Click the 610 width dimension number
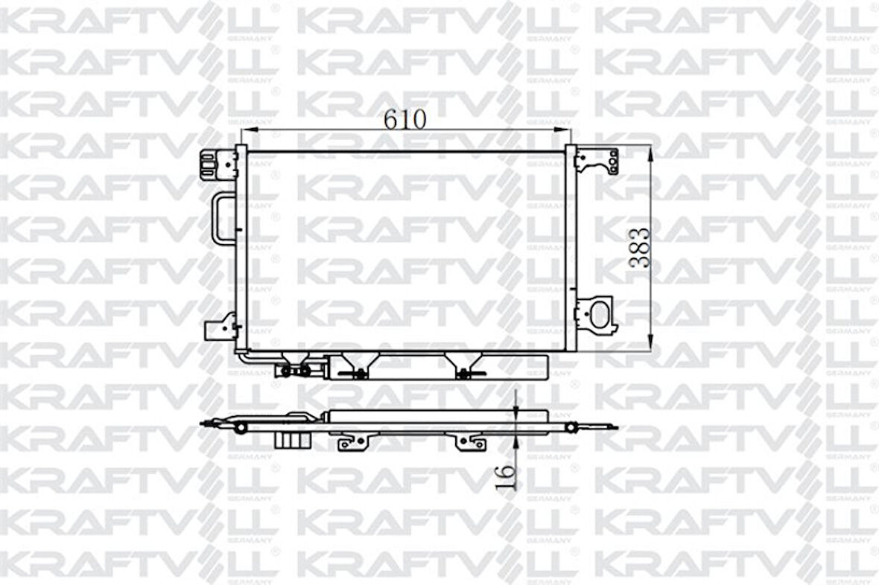[x=405, y=118]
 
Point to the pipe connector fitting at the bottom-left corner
[x=294, y=370]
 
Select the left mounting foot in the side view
[x=353, y=443]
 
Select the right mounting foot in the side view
[x=472, y=443]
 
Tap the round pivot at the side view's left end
[x=240, y=427]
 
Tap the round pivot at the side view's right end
[x=572, y=427]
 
